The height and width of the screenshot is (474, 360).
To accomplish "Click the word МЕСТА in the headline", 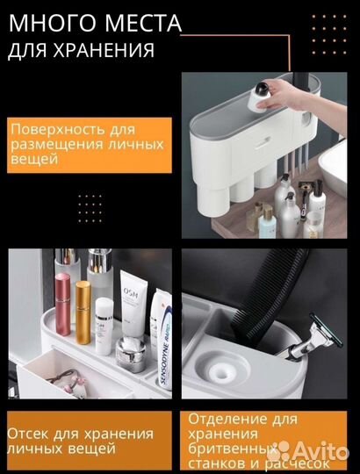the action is coord(140,23).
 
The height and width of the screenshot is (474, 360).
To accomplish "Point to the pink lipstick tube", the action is coord(63,304).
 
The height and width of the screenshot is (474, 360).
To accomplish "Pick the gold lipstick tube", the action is coord(83,312).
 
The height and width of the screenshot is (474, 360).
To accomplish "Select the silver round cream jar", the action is coord(131,354).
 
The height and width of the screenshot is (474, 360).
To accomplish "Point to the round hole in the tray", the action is coord(222,372).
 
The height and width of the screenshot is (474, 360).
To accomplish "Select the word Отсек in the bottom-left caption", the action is coord(27,434).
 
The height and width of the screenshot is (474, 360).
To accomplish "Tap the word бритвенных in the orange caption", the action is coord(232,449).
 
